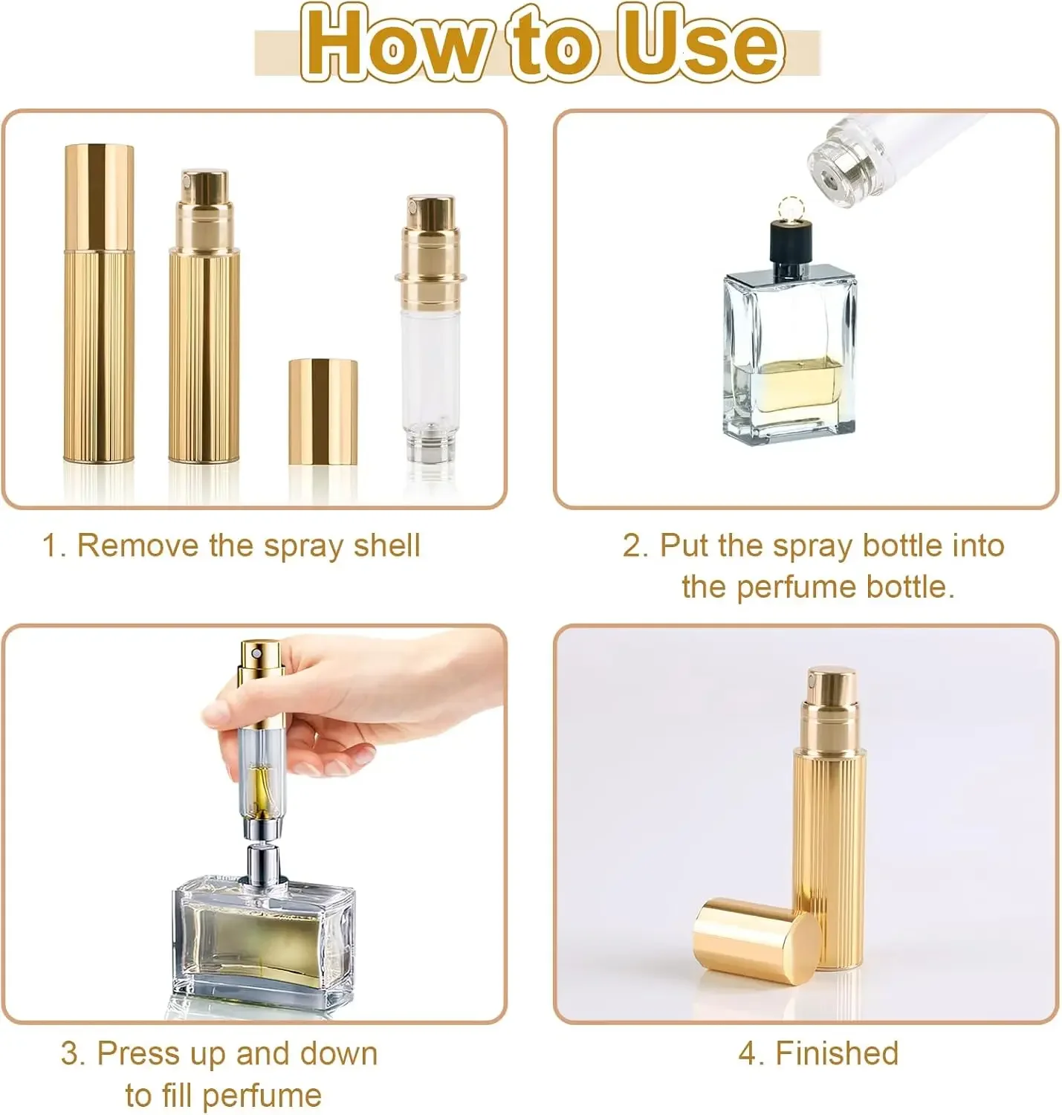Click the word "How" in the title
point(394,43)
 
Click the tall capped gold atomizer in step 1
point(99,305)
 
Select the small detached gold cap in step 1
point(323,412)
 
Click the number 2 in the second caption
point(631,546)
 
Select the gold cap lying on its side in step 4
point(754,941)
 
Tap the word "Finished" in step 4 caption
point(837,1053)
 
